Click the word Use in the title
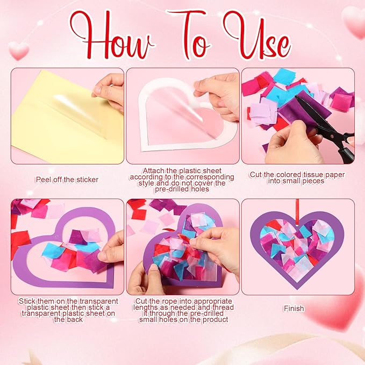tap(257, 37)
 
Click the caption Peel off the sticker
tap(67, 179)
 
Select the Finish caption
tap(294, 309)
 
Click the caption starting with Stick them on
tap(67, 310)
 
